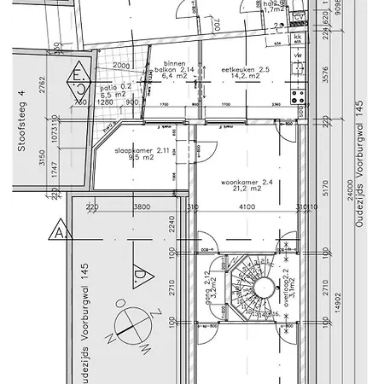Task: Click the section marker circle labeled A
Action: click(61, 232)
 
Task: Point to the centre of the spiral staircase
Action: click(255, 282)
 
